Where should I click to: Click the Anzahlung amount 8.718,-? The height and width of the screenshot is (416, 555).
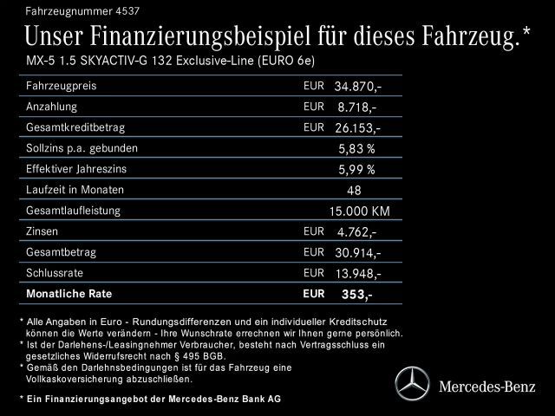pos(356,107)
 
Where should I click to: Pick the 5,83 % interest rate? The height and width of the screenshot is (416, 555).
pos(356,149)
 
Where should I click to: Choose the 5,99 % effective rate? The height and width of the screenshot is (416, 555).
pos(356,170)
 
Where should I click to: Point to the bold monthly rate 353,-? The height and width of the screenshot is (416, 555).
pos(356,296)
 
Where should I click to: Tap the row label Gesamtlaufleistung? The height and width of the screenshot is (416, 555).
pos(73,210)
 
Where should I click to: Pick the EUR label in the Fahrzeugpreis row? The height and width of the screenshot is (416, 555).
pos(313,86)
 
